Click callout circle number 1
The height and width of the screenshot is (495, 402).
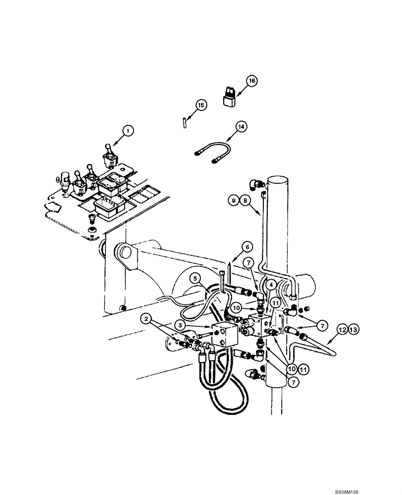[x=128, y=131]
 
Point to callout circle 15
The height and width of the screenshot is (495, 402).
[x=201, y=105]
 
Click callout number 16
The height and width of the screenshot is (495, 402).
[x=251, y=81]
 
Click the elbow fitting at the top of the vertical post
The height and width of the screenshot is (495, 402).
[x=257, y=184]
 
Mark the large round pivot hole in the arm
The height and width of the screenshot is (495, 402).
[x=125, y=253]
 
